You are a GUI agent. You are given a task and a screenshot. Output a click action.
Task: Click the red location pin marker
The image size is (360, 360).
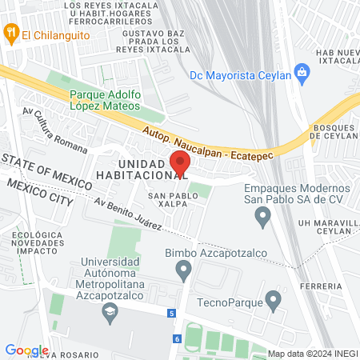tap(181, 163)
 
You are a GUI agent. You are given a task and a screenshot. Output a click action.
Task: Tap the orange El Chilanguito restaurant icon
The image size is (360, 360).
tap(10, 34)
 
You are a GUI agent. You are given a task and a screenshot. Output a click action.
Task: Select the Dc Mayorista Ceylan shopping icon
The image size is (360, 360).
tap(302, 74)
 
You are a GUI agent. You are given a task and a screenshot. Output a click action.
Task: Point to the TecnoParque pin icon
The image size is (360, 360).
tap(274, 302)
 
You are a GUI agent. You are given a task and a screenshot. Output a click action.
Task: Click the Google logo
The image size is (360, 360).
tap(26, 350)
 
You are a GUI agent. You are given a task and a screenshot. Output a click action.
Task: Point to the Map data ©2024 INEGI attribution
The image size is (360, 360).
tap(312, 354)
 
